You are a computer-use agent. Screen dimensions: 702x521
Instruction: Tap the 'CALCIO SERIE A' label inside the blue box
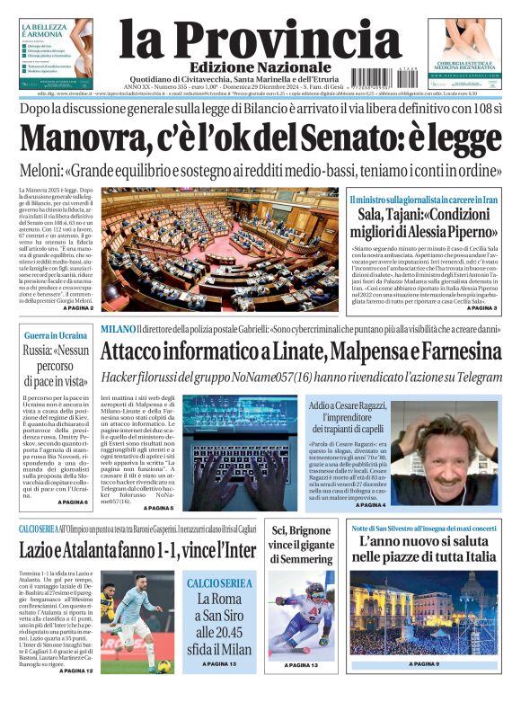click(x=219, y=583)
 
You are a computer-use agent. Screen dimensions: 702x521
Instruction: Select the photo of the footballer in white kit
click(x=137, y=620)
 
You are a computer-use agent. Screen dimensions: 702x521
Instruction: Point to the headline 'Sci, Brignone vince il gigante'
click(x=302, y=546)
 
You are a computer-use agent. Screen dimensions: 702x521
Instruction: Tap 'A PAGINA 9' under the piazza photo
click(x=424, y=664)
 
